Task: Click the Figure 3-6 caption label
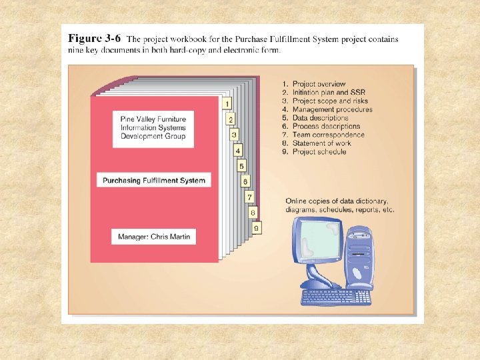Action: click(94, 39)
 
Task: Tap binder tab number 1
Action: click(227, 103)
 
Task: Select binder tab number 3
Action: click(234, 135)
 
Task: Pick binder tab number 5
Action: click(241, 166)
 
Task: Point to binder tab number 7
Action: click(249, 197)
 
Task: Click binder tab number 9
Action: click(256, 228)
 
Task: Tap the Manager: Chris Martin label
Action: click(153, 237)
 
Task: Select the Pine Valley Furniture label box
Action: click(153, 127)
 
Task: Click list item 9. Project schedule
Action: click(314, 151)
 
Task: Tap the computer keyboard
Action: click(336, 297)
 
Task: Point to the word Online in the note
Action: click(297, 201)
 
